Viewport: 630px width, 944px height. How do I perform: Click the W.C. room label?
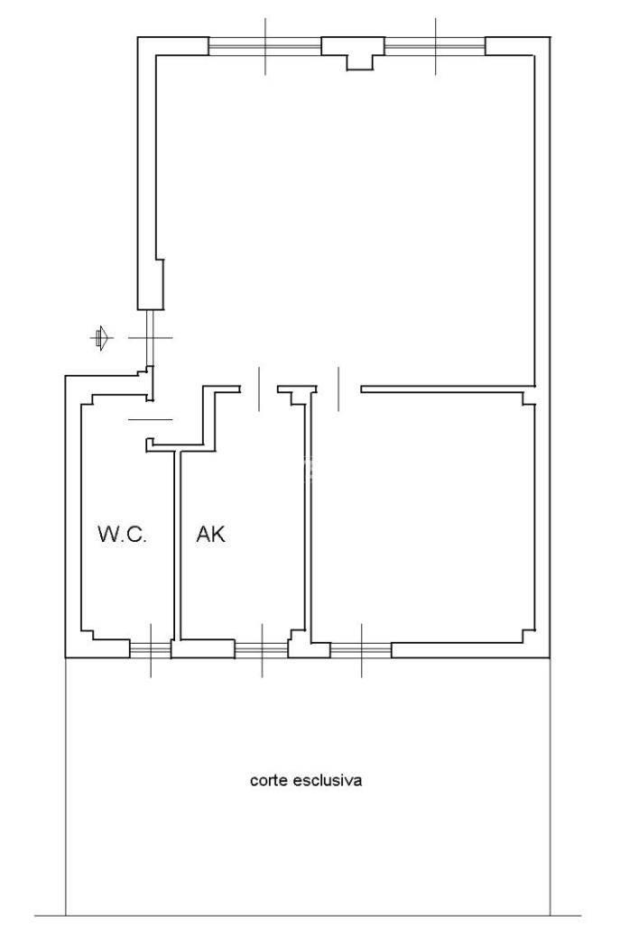pyautogui.click(x=123, y=534)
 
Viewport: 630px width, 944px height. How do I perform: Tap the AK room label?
pyautogui.click(x=210, y=534)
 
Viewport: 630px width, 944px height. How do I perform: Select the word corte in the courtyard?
pyautogui.click(x=269, y=781)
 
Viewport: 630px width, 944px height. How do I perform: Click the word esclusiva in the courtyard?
pyautogui.click(x=328, y=780)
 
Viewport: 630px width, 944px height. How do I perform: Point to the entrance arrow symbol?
pyautogui.click(x=101, y=338)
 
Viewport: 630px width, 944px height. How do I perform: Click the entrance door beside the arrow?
pyautogui.click(x=150, y=338)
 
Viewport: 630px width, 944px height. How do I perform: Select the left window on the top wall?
pyautogui.click(x=264, y=46)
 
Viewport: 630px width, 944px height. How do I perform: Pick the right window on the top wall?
pyautogui.click(x=435, y=46)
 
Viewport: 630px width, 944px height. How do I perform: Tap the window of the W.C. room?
pyautogui.click(x=151, y=649)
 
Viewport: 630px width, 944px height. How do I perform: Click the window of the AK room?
pyautogui.click(x=261, y=649)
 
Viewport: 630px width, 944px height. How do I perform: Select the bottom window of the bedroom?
pyautogui.click(x=360, y=649)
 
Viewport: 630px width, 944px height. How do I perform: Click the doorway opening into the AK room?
pyautogui.click(x=259, y=389)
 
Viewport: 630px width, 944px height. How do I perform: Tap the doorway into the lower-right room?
pyautogui.click(x=338, y=389)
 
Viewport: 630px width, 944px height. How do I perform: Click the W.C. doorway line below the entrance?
pyautogui.click(x=150, y=419)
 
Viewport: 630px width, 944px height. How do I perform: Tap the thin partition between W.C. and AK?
pyautogui.click(x=177, y=545)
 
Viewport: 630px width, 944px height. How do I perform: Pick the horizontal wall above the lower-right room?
pyautogui.click(x=448, y=389)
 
